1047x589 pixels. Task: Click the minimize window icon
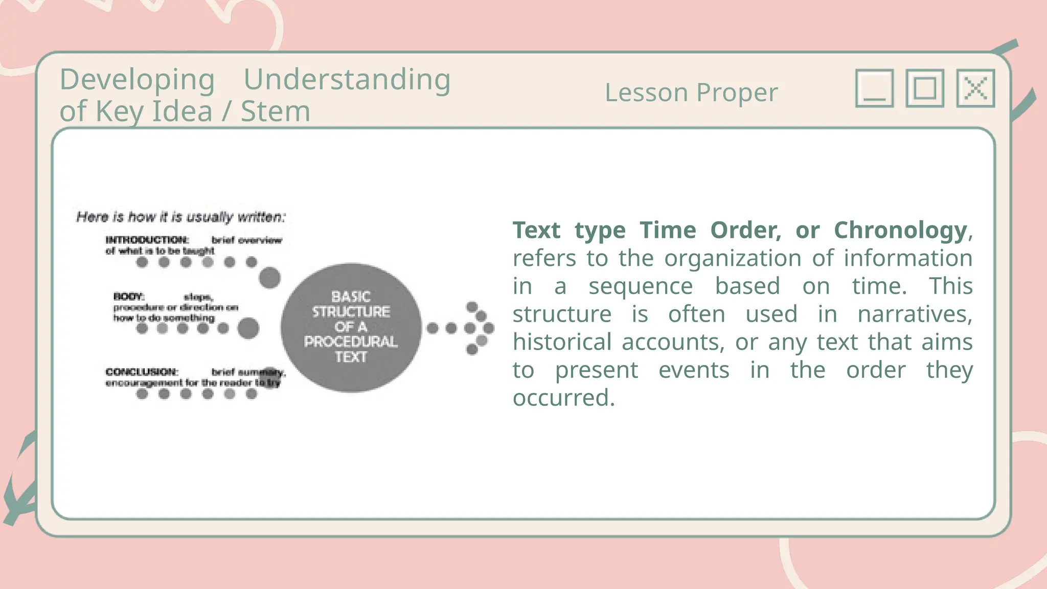[874, 88]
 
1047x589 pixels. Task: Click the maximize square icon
[925, 88]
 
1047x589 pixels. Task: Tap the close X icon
[975, 88]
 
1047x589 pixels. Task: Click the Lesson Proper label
[691, 93]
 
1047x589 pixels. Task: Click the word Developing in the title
[137, 80]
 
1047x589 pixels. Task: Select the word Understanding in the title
[347, 80]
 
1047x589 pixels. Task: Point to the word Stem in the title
[276, 111]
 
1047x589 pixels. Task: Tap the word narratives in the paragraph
[915, 314]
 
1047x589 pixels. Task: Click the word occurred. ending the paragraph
[563, 398]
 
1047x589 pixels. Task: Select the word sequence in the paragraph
[641, 286]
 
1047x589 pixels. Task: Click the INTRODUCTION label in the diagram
[147, 240]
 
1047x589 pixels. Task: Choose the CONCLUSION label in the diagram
[142, 372]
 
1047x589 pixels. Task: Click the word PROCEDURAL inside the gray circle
[351, 342]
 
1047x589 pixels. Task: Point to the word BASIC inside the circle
[351, 297]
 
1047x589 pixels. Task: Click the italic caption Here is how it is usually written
[181, 217]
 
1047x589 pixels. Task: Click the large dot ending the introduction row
[269, 278]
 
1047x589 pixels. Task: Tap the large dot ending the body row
[248, 328]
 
